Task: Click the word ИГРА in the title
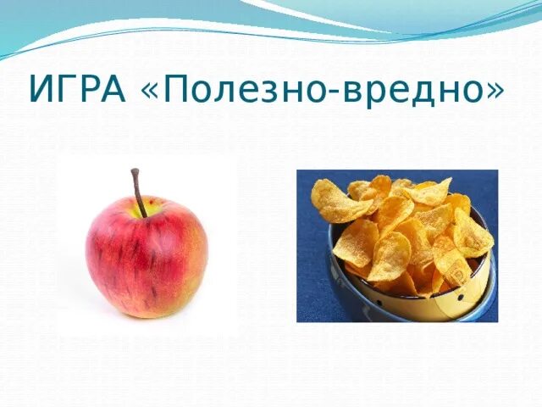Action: (77, 88)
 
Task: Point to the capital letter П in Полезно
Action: (176, 88)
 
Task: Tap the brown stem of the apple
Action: (139, 192)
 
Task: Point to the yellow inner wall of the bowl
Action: (460, 287)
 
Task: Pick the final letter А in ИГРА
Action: (113, 88)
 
